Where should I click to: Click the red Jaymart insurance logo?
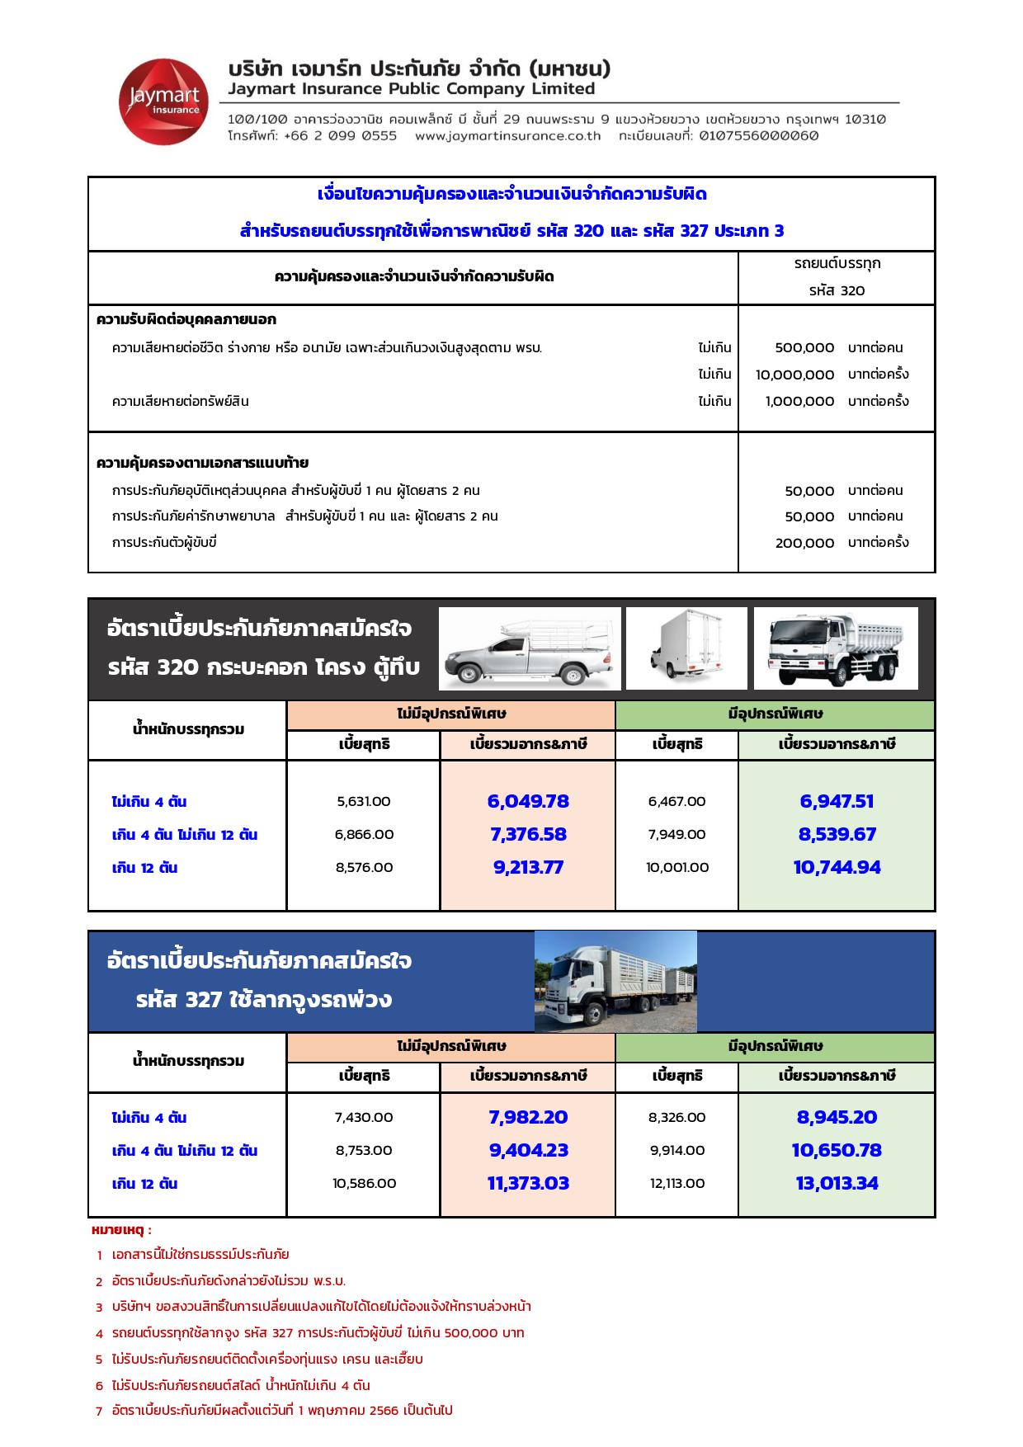(x=163, y=101)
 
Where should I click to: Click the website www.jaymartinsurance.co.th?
(x=507, y=136)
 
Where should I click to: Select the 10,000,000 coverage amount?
(x=794, y=375)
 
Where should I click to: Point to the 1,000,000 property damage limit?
(x=799, y=402)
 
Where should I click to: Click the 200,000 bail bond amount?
(x=804, y=543)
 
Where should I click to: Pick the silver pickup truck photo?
(x=530, y=648)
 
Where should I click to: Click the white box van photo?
(x=686, y=648)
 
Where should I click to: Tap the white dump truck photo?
(x=836, y=648)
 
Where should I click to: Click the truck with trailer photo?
(x=615, y=982)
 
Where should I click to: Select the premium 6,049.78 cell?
(x=528, y=802)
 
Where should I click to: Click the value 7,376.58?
(x=528, y=835)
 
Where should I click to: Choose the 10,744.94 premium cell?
(x=837, y=868)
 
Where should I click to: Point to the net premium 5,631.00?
(x=364, y=802)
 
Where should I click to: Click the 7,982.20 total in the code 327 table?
(x=528, y=1118)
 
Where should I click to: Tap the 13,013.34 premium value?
(x=837, y=1184)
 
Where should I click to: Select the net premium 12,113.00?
(x=677, y=1184)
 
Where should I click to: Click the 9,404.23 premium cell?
(x=528, y=1151)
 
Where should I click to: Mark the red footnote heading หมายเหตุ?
(x=121, y=1230)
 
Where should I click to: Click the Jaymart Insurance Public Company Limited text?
(x=412, y=89)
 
